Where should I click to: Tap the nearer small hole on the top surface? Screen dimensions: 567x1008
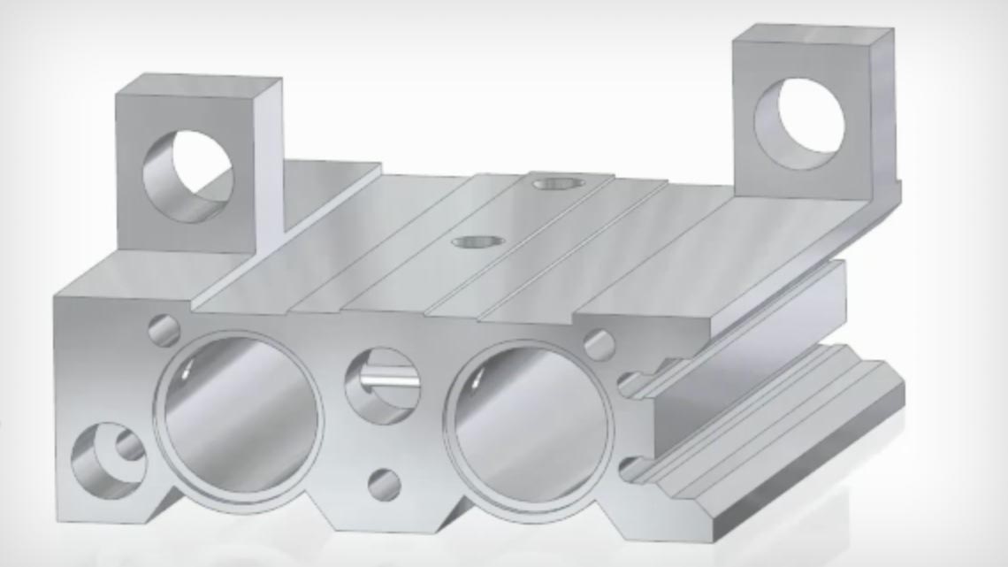(x=477, y=241)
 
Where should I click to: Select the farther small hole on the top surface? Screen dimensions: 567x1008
(x=554, y=184)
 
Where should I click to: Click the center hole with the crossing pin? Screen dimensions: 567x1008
(x=380, y=386)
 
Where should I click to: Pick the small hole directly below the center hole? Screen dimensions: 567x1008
(x=384, y=485)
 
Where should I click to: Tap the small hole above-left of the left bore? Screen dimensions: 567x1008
(x=164, y=330)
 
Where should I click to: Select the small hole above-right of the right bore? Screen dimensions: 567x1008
(x=599, y=345)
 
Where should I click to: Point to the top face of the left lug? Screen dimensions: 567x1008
(x=199, y=86)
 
